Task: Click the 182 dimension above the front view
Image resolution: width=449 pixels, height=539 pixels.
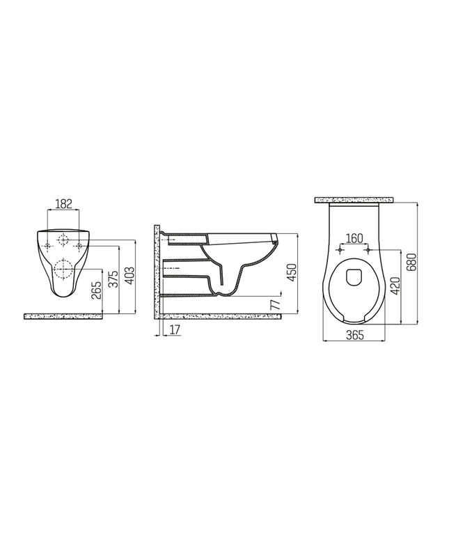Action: tap(63, 203)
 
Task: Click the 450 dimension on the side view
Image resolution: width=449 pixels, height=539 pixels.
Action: tap(292, 272)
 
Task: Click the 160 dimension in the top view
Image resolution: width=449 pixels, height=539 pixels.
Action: tap(354, 238)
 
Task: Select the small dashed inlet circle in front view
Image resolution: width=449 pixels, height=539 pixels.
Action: tap(64, 240)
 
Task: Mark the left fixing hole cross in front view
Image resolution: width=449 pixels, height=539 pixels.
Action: tap(47, 246)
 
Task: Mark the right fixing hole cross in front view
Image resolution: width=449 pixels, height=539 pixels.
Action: tap(79, 246)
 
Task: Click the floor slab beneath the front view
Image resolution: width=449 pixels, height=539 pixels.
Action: tap(63, 316)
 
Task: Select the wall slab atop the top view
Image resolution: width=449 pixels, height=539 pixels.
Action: tap(354, 200)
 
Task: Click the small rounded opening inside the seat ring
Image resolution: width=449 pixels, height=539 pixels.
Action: tap(354, 276)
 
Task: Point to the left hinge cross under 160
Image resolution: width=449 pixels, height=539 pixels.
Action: tap(340, 249)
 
